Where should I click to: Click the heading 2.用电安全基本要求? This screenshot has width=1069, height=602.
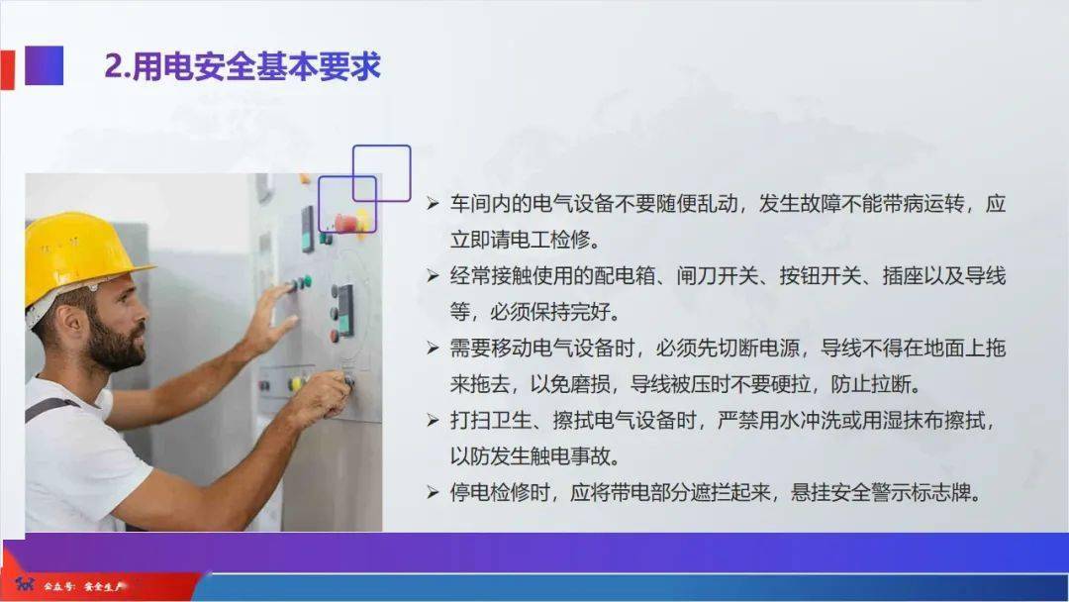pos(243,66)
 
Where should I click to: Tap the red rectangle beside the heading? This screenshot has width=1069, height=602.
pos(7,69)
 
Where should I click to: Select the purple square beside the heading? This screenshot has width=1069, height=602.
pos(44,65)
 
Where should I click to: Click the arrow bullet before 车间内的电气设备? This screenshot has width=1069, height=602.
pos(433,203)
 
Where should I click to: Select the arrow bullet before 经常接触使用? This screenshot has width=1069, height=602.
pos(433,275)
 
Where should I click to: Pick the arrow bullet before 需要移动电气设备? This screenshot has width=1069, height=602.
pos(433,348)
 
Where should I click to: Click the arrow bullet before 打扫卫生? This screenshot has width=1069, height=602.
pos(433,420)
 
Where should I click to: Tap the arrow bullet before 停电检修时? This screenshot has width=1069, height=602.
pos(433,491)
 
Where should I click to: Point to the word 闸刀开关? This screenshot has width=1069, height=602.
pos(718,275)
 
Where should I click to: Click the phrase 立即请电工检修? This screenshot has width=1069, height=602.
pos(521,240)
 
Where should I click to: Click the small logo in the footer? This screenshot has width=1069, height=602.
pos(25,584)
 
